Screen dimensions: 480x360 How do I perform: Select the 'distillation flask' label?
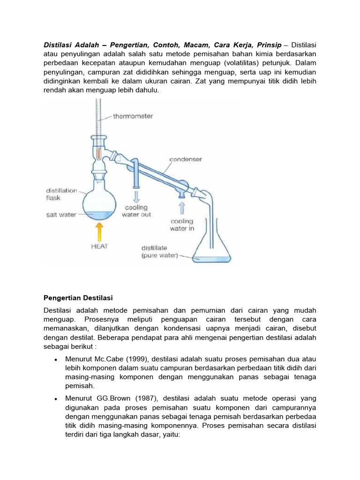click(61, 194)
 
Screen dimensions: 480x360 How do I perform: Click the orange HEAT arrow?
click(98, 232)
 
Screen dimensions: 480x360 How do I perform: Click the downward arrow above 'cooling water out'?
click(135, 195)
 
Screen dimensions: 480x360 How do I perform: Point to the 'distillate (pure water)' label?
click(159, 251)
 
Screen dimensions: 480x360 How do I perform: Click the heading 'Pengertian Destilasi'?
click(79, 298)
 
